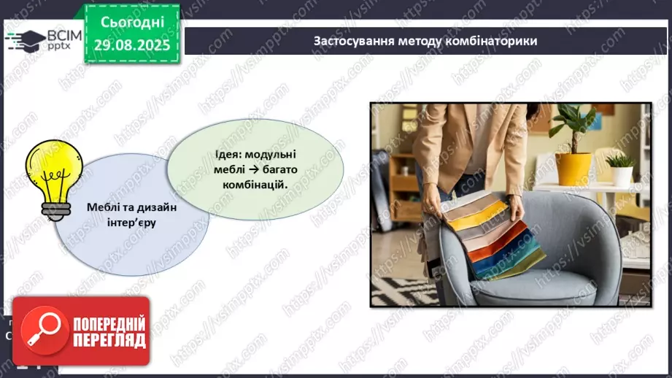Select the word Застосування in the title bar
pos(348,41)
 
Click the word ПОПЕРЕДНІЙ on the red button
pos(108,323)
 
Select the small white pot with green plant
pos(622,173)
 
